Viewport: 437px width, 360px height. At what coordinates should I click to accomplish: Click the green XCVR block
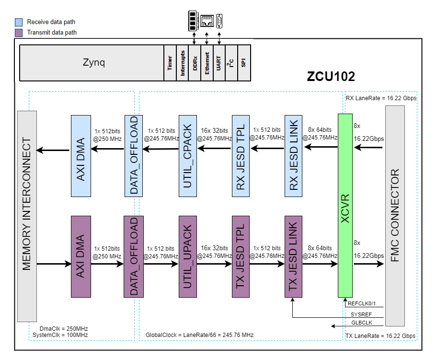[x=345, y=206]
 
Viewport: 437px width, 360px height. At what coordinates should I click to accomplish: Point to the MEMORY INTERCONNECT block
[x=27, y=216]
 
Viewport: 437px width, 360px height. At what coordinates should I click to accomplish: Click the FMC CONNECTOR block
[x=395, y=216]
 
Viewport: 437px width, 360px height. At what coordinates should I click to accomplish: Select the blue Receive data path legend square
[x=19, y=22]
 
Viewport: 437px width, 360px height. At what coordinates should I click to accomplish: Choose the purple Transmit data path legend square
[x=19, y=33]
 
